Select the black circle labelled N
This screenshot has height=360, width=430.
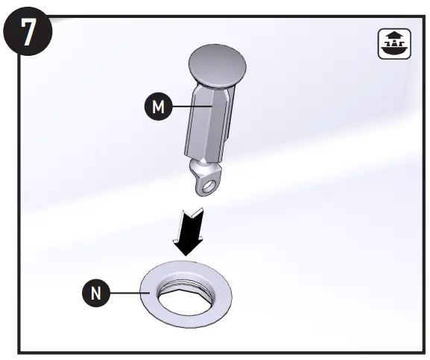(95, 294)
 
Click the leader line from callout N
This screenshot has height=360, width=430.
(130, 294)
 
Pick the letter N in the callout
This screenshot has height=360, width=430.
(95, 294)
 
